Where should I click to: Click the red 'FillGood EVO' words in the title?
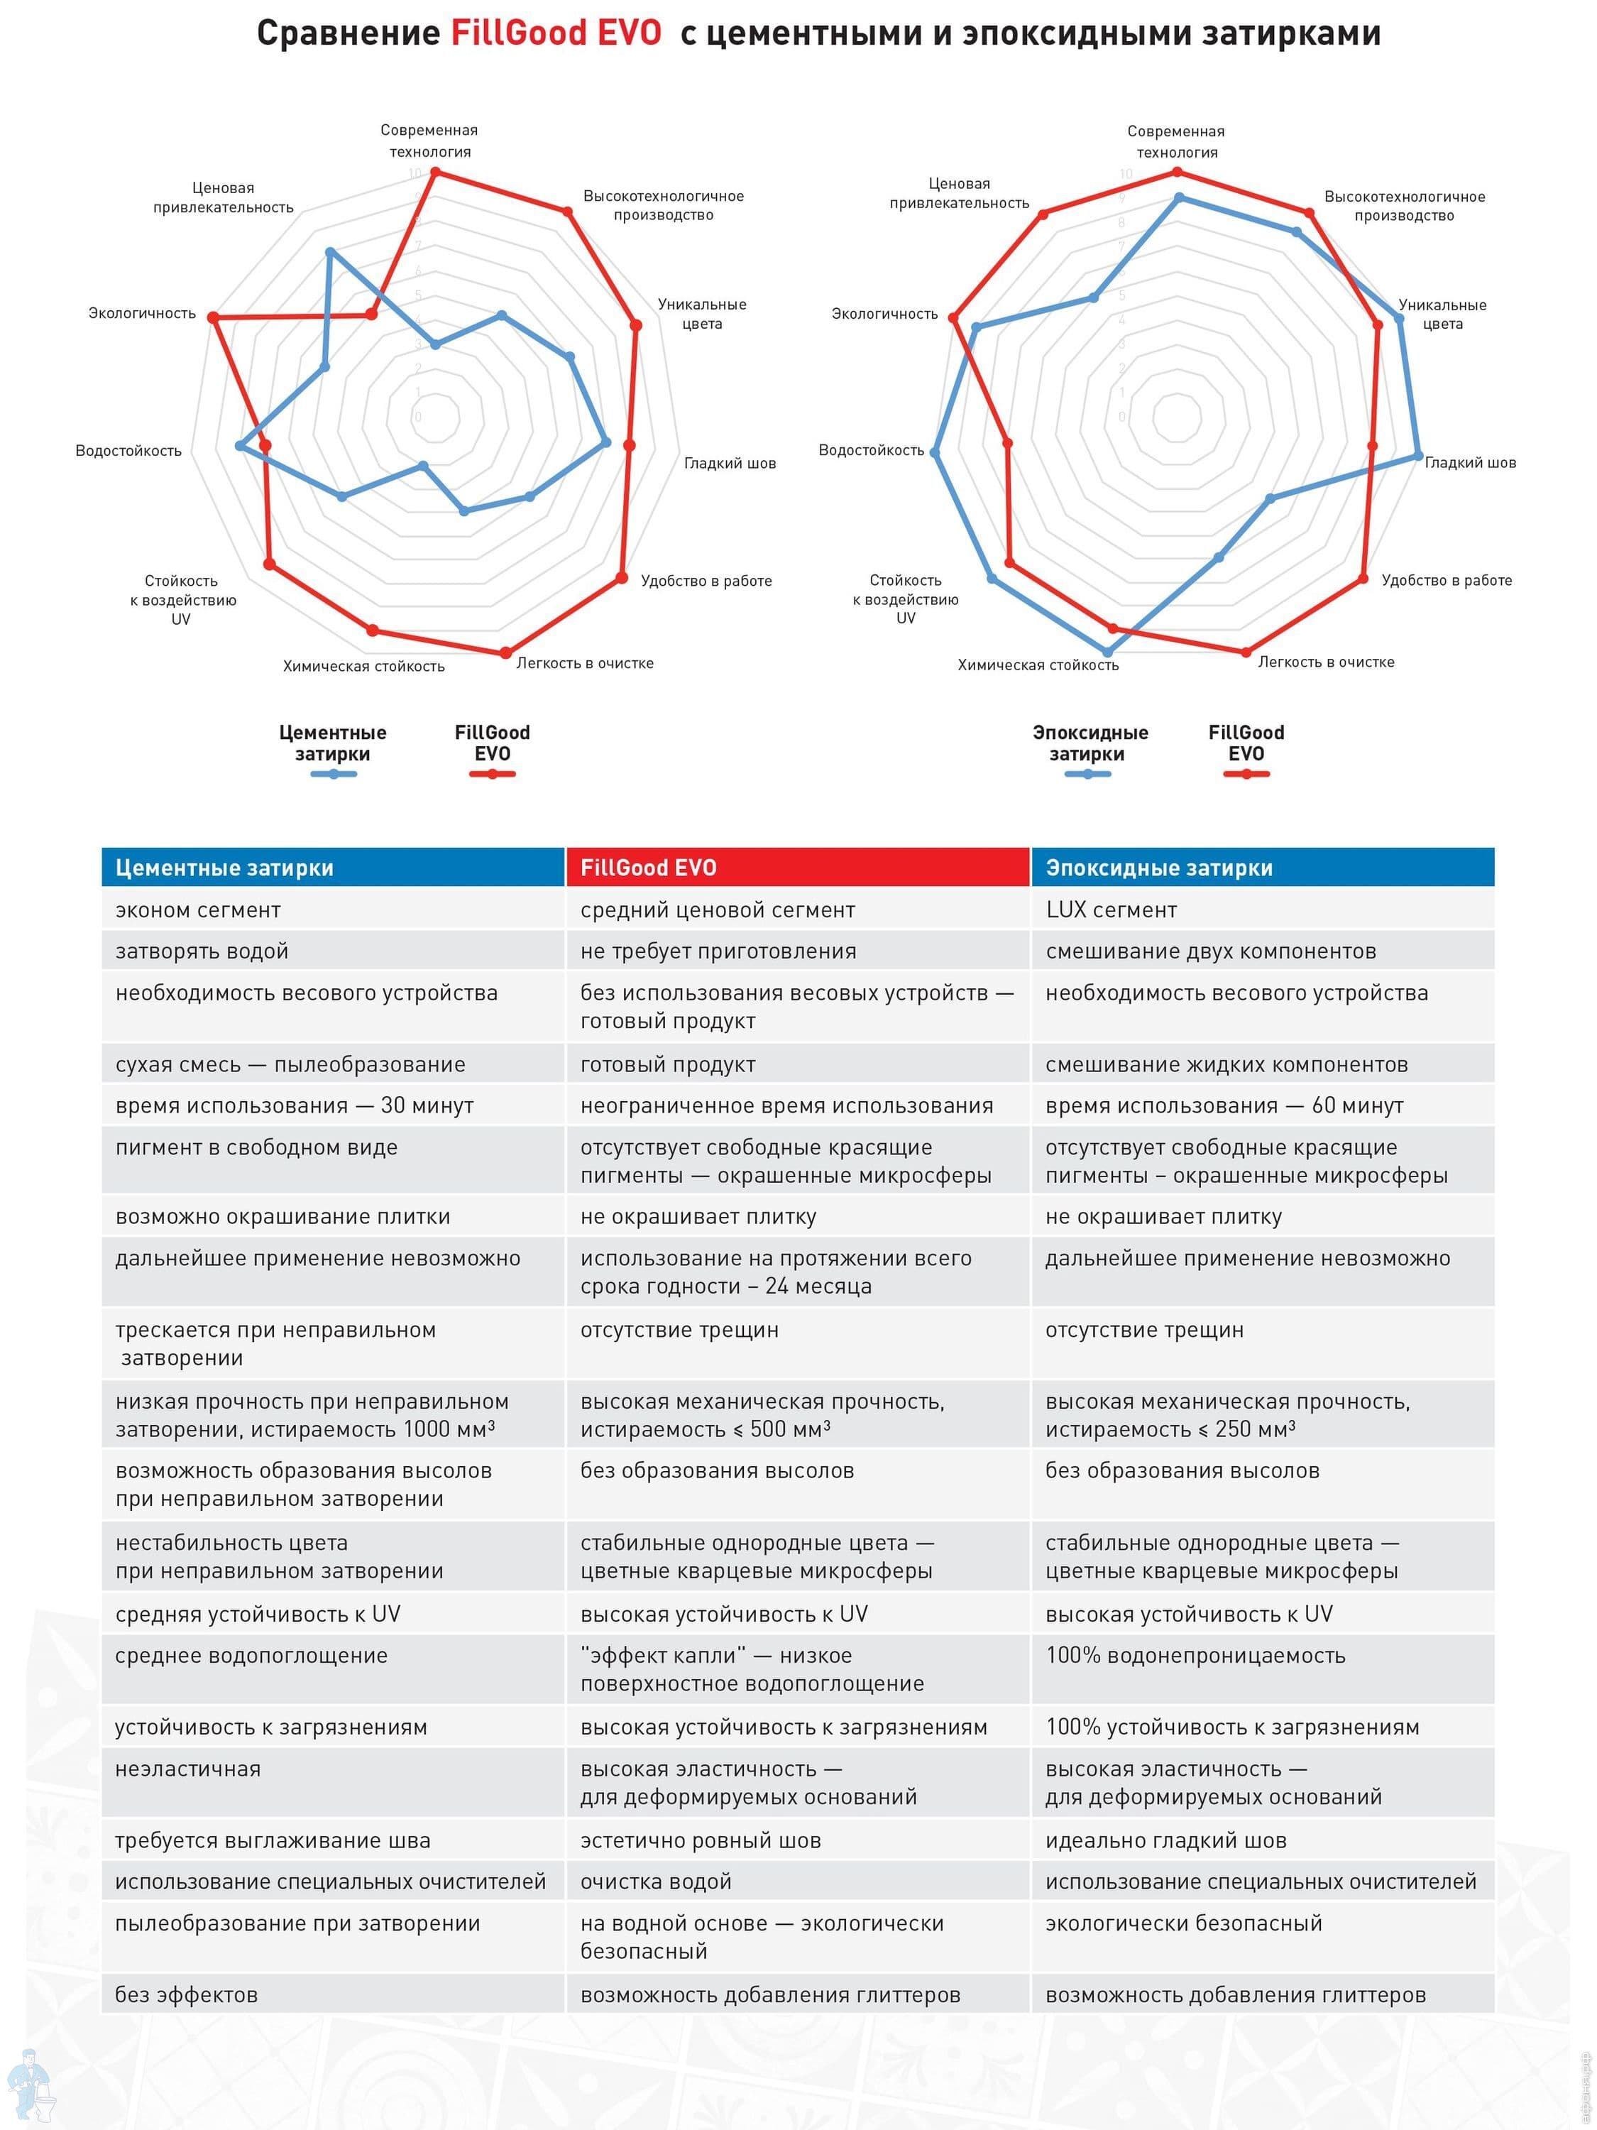[556, 33]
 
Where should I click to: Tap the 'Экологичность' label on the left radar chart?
[141, 313]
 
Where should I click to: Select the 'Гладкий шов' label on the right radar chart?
[1470, 462]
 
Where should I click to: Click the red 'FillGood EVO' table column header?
[797, 868]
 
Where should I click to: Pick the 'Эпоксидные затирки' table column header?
[1262, 868]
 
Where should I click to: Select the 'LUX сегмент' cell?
[1111, 910]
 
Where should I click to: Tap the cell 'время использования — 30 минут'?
[295, 1105]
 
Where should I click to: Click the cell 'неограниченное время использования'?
[786, 1105]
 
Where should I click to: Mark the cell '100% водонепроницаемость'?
[1195, 1655]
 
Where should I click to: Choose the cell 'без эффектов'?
[187, 1994]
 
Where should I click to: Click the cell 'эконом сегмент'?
[198, 910]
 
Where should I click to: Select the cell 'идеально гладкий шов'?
[1165, 1840]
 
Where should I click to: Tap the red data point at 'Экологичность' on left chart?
[214, 317]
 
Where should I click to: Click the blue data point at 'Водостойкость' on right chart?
[934, 452]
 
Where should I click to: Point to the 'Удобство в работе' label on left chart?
[706, 581]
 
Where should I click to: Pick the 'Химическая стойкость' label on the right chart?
[1038, 665]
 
